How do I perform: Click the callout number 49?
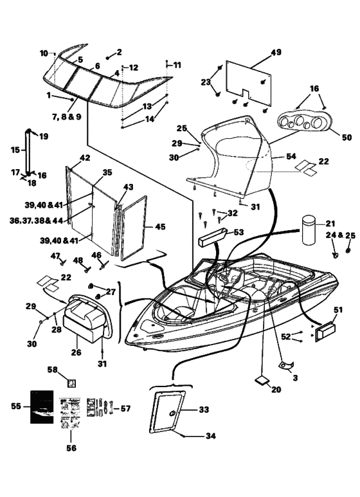[276, 52]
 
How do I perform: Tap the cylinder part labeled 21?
[309, 230]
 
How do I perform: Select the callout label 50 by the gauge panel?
[347, 137]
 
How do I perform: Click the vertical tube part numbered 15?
[28, 152]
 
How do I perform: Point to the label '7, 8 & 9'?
[67, 116]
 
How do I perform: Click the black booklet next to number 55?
[42, 406]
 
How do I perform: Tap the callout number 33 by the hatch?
[204, 410]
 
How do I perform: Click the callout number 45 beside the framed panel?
[160, 226]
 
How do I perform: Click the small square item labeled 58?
[72, 383]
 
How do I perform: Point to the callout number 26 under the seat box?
[76, 352]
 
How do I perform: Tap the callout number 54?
[291, 156]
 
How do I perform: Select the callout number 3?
[295, 378]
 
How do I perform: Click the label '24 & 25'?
[341, 235]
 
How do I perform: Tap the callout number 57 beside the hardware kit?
[125, 408]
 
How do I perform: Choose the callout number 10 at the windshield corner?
[44, 53]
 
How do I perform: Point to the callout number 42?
[85, 158]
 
